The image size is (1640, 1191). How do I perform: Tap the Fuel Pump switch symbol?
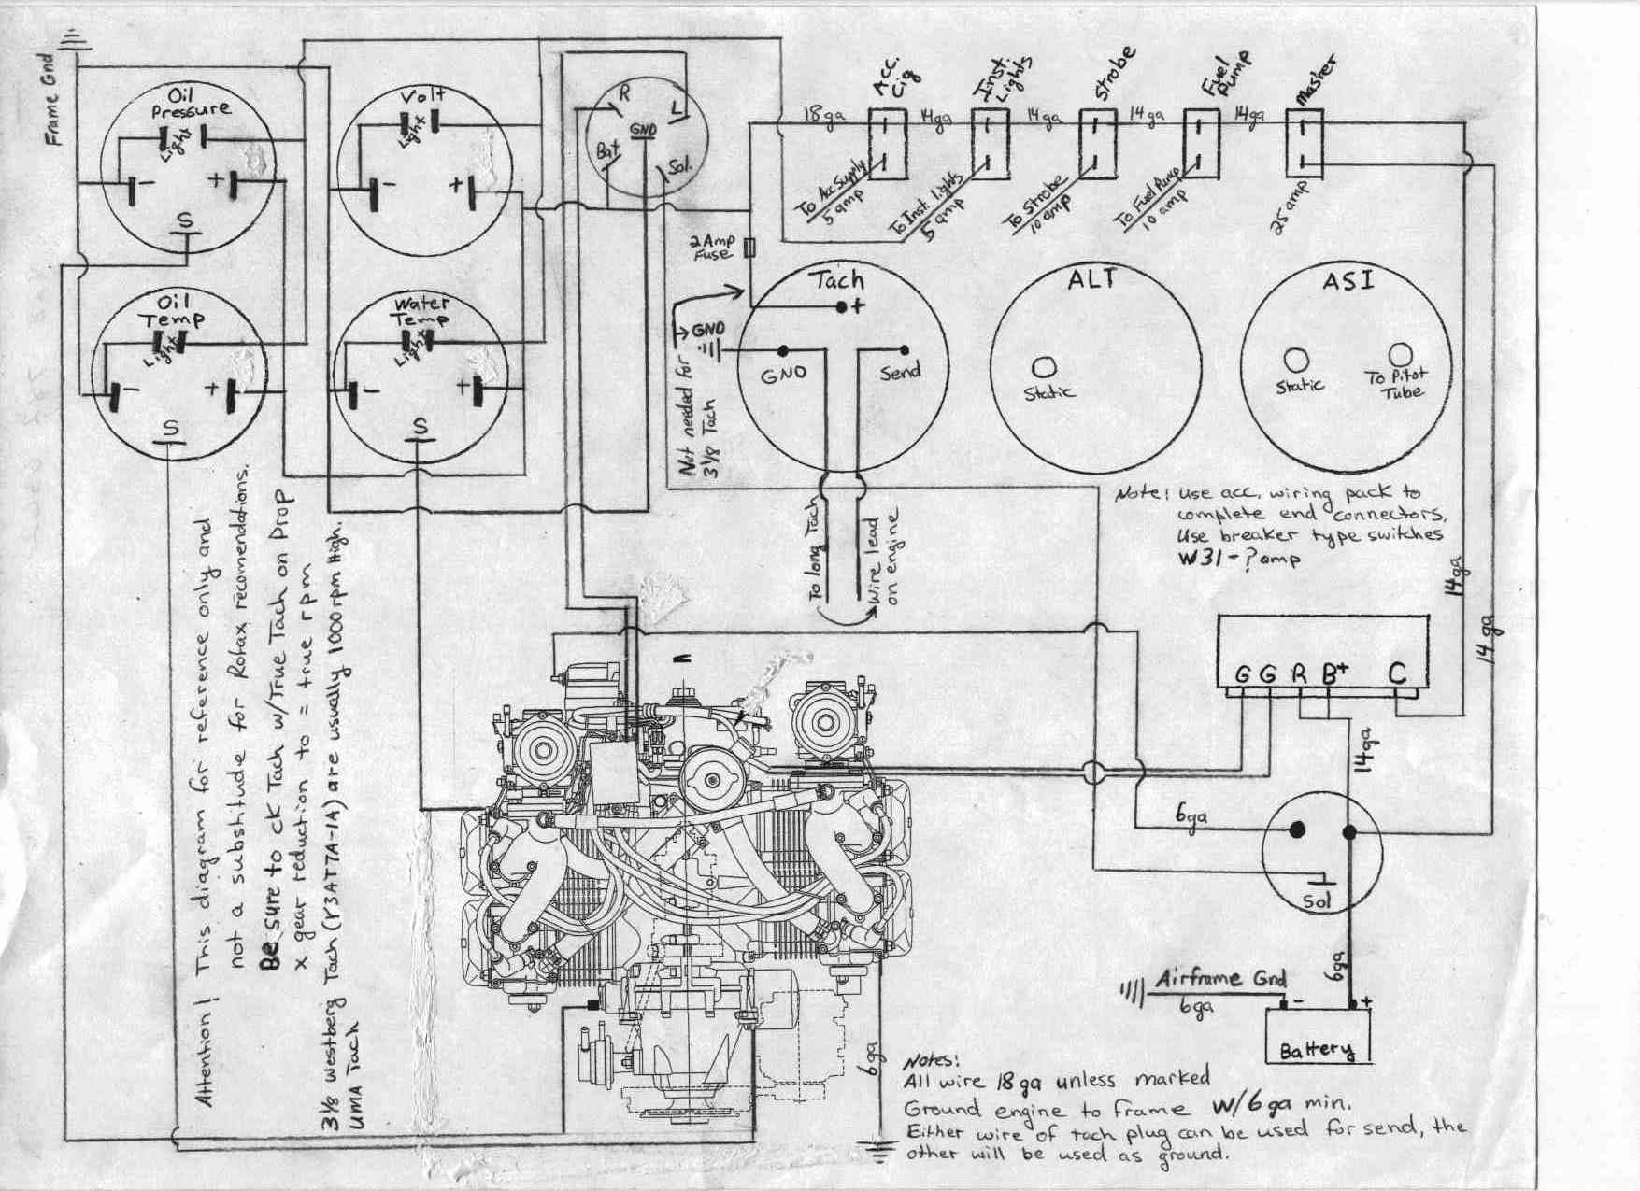pos(1202,143)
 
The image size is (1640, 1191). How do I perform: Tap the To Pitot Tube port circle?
pos(1399,355)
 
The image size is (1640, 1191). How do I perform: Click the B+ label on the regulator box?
pos(1334,673)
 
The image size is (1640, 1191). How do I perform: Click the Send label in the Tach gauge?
pos(900,372)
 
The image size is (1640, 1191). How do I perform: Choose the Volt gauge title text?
pos(422,97)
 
